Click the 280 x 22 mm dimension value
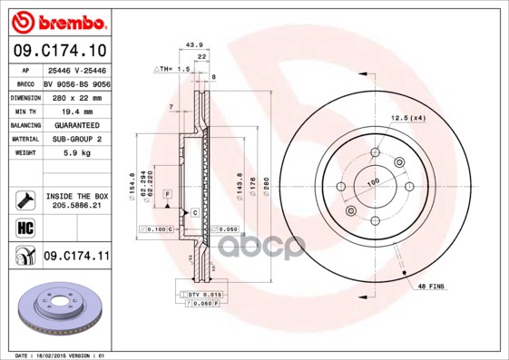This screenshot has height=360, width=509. (x=75, y=96)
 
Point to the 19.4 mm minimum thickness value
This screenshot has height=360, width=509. (x=75, y=110)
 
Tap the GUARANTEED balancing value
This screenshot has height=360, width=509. (x=75, y=124)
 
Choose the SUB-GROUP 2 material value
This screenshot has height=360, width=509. (x=75, y=139)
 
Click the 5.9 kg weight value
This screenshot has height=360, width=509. (x=75, y=153)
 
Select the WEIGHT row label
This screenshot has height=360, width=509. (x=24, y=153)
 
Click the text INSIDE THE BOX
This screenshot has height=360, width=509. (x=75, y=196)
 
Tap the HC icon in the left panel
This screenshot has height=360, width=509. (x=24, y=227)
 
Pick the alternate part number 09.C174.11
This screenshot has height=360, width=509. (x=75, y=257)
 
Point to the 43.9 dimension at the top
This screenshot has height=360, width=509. (x=192, y=44)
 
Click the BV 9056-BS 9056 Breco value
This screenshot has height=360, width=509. (x=75, y=82)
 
